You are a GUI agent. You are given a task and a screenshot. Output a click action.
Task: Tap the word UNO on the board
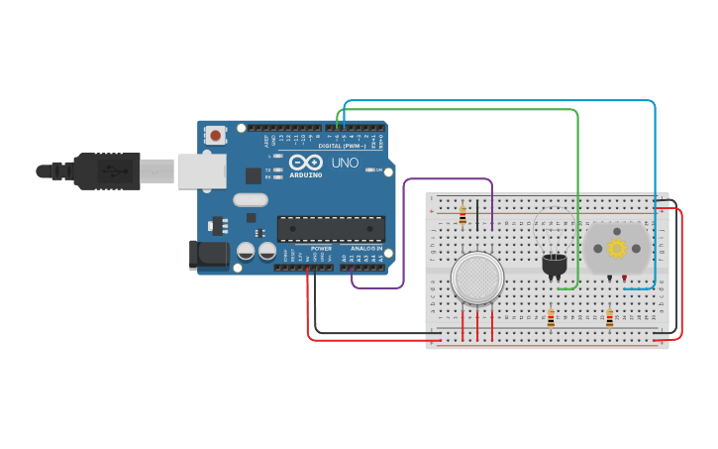point(345,163)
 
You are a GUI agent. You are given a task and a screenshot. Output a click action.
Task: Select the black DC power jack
point(209,255)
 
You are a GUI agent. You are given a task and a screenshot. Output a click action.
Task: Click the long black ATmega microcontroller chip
point(331,229)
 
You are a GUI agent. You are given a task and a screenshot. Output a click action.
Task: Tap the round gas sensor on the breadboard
point(477,278)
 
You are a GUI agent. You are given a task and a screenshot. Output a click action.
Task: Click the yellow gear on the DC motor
point(618,248)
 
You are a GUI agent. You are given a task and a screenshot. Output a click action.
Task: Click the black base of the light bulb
point(555,265)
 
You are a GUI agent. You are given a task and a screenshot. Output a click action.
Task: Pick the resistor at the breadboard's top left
point(462,215)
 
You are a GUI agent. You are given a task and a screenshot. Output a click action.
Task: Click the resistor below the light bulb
point(552,318)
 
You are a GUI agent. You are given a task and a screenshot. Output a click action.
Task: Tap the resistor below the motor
point(609,318)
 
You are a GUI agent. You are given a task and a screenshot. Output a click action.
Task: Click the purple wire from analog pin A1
point(404,238)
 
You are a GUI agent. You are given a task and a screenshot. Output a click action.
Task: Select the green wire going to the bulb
point(577,198)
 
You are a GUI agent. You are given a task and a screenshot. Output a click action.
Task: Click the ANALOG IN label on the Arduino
point(366,249)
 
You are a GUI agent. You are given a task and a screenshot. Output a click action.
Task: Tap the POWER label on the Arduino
point(321,249)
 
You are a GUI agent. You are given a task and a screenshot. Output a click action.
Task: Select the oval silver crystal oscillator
point(251,200)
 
